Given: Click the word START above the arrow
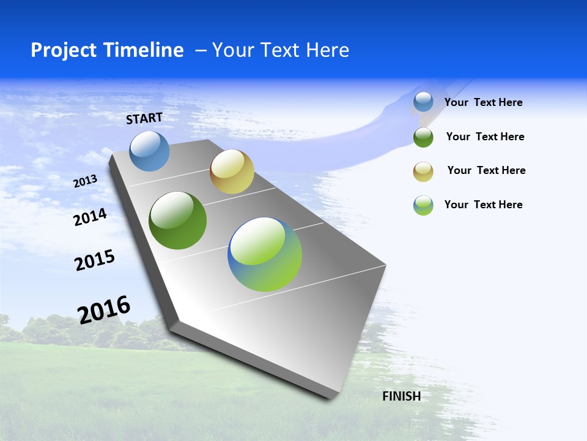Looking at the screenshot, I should coord(144,118).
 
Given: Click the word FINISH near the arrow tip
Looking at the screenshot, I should coord(401,396).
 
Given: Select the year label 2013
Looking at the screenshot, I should coord(85,181).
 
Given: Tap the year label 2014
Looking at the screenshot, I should coord(90,217).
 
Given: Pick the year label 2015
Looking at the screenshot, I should coord(94,260).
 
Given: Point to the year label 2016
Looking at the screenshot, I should coord(104,309).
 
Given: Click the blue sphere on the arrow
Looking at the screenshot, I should coord(149,151).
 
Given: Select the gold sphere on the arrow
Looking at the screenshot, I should coord(232,171).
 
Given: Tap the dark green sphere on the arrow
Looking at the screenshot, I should coord(177,221).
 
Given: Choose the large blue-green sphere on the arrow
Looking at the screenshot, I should coord(265,254).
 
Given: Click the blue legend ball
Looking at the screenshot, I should coord(423,102).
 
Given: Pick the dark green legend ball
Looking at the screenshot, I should coord(423,137).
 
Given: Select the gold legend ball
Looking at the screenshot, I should coord(423,171).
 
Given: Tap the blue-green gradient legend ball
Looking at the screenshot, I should coord(423,205).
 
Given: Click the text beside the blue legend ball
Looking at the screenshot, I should coord(483,102).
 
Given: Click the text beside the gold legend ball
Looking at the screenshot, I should coord(486,170).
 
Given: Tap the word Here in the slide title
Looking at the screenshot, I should coord(327,50).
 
